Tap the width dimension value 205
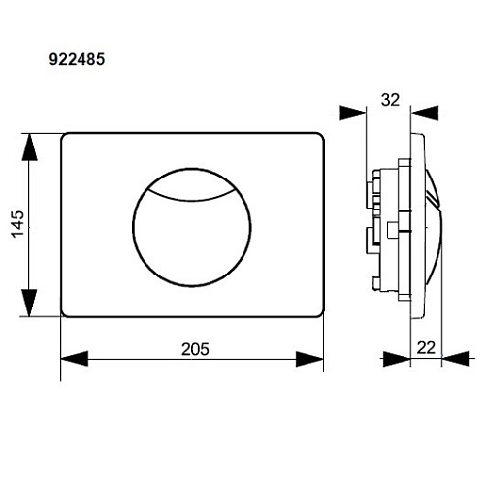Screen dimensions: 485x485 point(195,347)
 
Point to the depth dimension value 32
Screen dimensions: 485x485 point(391,99)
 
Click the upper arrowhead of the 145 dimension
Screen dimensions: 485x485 point(32,145)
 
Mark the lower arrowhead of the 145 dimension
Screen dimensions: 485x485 point(32,303)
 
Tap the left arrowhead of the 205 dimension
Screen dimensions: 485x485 point(75,359)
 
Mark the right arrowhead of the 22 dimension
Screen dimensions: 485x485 point(455,359)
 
